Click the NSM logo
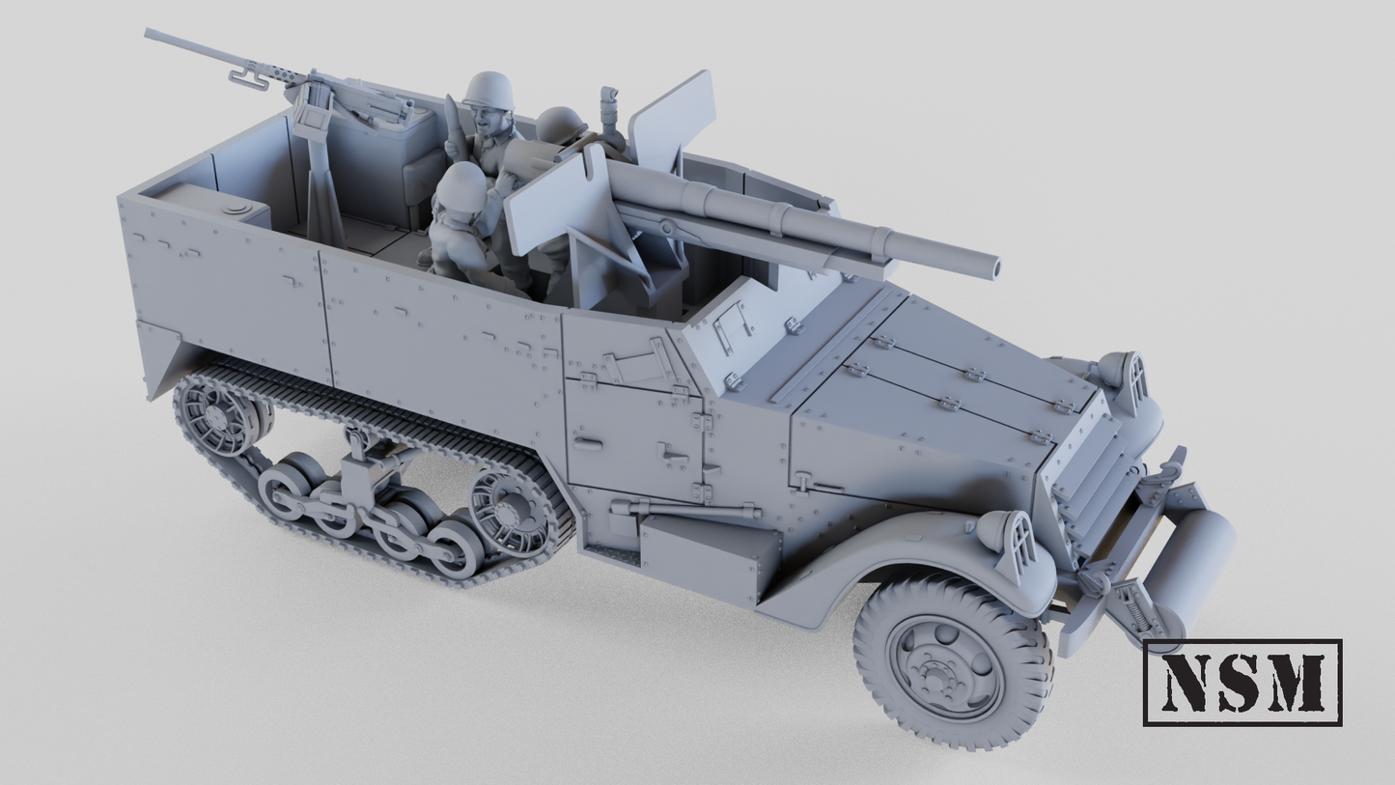tap(1242, 682)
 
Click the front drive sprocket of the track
tap(511, 511)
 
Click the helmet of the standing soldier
tap(488, 91)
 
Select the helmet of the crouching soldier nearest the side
tap(462, 182)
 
